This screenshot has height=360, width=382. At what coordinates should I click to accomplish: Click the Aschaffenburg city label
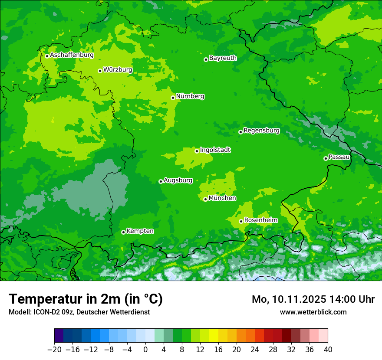(x=72, y=55)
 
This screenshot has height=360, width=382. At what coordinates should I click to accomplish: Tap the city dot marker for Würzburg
(x=100, y=71)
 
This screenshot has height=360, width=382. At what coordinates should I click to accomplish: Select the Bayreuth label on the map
(x=223, y=58)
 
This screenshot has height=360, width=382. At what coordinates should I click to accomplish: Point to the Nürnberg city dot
(x=173, y=98)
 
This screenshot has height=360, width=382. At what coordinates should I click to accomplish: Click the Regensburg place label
(x=261, y=130)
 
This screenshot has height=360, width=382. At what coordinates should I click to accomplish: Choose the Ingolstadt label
(x=215, y=150)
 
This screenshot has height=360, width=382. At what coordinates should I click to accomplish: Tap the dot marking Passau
(x=326, y=158)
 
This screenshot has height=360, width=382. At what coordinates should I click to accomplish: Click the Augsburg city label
(x=178, y=180)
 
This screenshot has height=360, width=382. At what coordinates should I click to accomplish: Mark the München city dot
(x=205, y=200)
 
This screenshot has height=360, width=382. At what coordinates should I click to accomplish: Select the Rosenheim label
(x=260, y=220)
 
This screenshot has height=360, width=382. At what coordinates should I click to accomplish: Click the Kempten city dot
(x=123, y=232)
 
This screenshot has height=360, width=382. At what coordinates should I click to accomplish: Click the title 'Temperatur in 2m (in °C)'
(x=86, y=299)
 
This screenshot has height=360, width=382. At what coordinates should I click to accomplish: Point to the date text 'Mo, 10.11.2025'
(x=289, y=299)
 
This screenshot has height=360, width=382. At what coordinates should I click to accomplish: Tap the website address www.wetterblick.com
(x=313, y=312)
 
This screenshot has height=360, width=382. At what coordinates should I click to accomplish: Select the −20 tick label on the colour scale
(x=54, y=349)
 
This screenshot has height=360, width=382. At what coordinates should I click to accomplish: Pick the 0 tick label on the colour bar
(x=145, y=349)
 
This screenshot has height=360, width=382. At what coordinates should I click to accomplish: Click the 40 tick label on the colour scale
(x=328, y=349)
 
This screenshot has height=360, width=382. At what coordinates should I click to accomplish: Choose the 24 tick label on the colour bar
(x=255, y=349)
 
